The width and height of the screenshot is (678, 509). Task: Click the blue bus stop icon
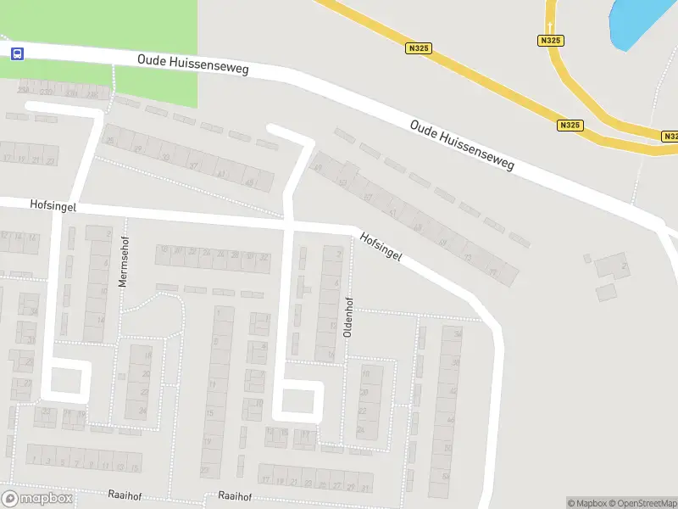pyautogui.click(x=16, y=53)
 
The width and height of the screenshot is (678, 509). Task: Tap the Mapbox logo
pyautogui.click(x=36, y=499)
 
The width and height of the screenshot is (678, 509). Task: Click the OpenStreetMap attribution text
pyautogui.click(x=642, y=503)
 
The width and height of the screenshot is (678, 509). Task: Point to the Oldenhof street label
pyautogui.click(x=347, y=317)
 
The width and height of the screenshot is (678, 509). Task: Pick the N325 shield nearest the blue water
pyautogui.click(x=550, y=40)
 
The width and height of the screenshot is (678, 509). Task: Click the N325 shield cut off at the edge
pyautogui.click(x=670, y=136)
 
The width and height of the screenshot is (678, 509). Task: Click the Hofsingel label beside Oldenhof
pyautogui.click(x=379, y=247)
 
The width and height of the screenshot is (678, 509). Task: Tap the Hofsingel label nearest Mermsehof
pyautogui.click(x=53, y=204)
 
